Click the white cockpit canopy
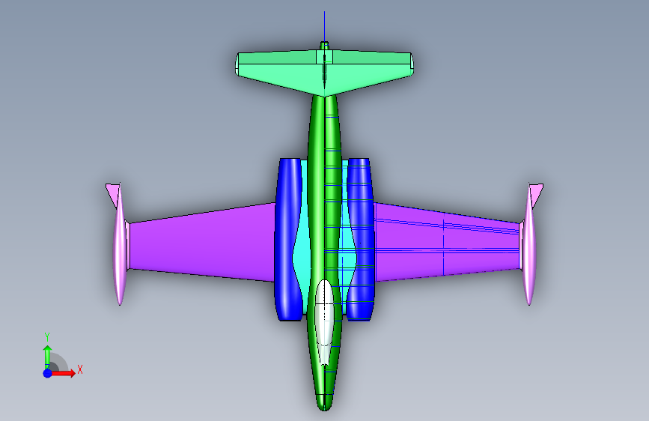[x=324, y=321]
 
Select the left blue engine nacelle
[x=287, y=240]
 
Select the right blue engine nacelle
[x=360, y=240]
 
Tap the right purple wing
[x=447, y=243]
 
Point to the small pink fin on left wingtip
[x=112, y=194]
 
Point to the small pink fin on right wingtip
[x=537, y=194]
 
